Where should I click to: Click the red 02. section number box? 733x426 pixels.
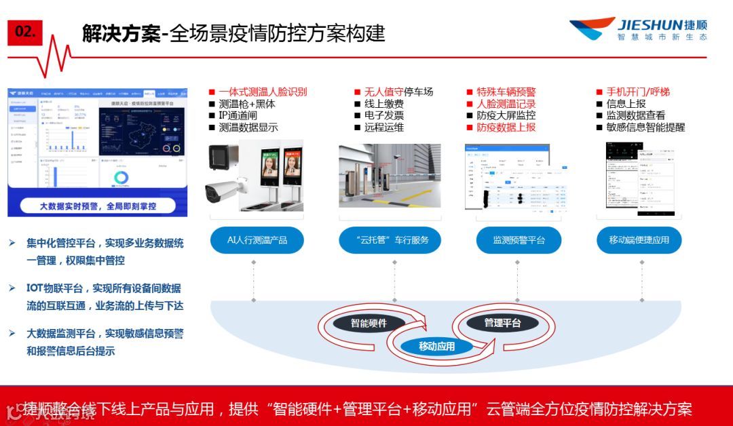tap(25, 32)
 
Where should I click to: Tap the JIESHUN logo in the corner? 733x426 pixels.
tap(637, 28)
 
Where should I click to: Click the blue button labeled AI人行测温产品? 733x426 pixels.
tap(257, 239)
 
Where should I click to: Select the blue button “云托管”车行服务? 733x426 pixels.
tap(390, 239)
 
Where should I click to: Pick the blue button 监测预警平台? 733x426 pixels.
tap(519, 239)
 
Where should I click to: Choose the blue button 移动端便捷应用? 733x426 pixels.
tap(639, 239)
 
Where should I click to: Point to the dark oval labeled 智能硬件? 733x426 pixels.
tap(369, 324)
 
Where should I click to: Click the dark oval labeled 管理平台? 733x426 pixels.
tap(502, 323)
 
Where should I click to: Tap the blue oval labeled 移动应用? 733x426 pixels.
tap(436, 346)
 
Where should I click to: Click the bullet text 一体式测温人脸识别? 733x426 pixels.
tap(263, 92)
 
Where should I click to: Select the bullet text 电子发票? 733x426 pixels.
tap(383, 115)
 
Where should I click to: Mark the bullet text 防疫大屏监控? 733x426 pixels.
tap(506, 115)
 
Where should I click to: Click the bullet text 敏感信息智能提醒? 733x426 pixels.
tap(645, 127)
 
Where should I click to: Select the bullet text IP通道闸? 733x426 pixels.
tap(242, 115)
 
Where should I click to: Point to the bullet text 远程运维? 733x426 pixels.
tap(383, 127)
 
